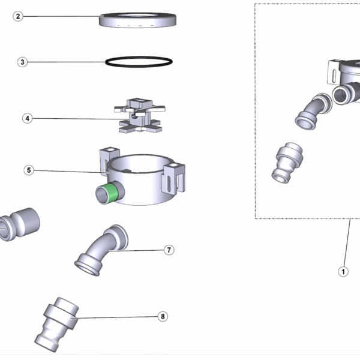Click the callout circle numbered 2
pyautogui.click(x=18, y=16)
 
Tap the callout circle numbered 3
pyautogui.click(x=22, y=62)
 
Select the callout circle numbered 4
pyautogui.click(x=27, y=118)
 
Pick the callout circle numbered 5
pyautogui.click(x=29, y=170)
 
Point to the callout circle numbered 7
pyautogui.click(x=169, y=250)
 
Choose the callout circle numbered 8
pyautogui.click(x=163, y=316)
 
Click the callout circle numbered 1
pyautogui.click(x=343, y=271)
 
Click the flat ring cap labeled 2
pyautogui.click(x=139, y=20)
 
